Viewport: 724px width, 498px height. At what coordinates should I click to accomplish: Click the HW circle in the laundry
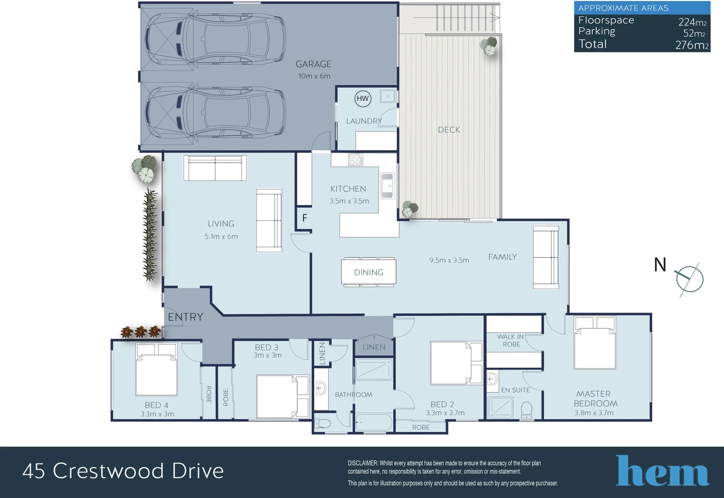(363, 98)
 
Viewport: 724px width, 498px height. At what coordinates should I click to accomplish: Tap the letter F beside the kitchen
(305, 218)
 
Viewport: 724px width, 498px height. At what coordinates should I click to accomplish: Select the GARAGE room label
(313, 64)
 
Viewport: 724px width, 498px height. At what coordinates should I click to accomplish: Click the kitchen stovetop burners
(355, 160)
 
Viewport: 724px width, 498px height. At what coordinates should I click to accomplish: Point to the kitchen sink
(388, 185)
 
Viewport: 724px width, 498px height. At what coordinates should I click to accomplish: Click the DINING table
(368, 273)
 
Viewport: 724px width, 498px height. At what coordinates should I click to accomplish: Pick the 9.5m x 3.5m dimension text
(449, 261)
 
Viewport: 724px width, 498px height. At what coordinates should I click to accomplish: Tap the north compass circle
(689, 279)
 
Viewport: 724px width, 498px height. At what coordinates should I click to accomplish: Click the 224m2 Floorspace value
(692, 22)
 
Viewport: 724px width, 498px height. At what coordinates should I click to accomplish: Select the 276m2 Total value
(691, 45)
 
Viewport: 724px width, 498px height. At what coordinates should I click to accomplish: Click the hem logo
(662, 471)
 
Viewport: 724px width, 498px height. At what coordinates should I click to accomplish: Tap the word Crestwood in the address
(108, 471)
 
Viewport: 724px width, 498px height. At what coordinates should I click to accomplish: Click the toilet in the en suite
(526, 410)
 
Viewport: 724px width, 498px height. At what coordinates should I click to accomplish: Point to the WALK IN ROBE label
(511, 340)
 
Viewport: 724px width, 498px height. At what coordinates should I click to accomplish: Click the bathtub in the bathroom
(374, 422)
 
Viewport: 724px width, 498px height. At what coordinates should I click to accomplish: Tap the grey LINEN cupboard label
(374, 347)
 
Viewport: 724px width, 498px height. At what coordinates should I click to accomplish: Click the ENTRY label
(185, 317)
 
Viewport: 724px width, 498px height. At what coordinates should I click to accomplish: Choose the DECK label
(449, 130)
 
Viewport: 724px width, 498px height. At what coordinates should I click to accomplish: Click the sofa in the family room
(546, 257)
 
